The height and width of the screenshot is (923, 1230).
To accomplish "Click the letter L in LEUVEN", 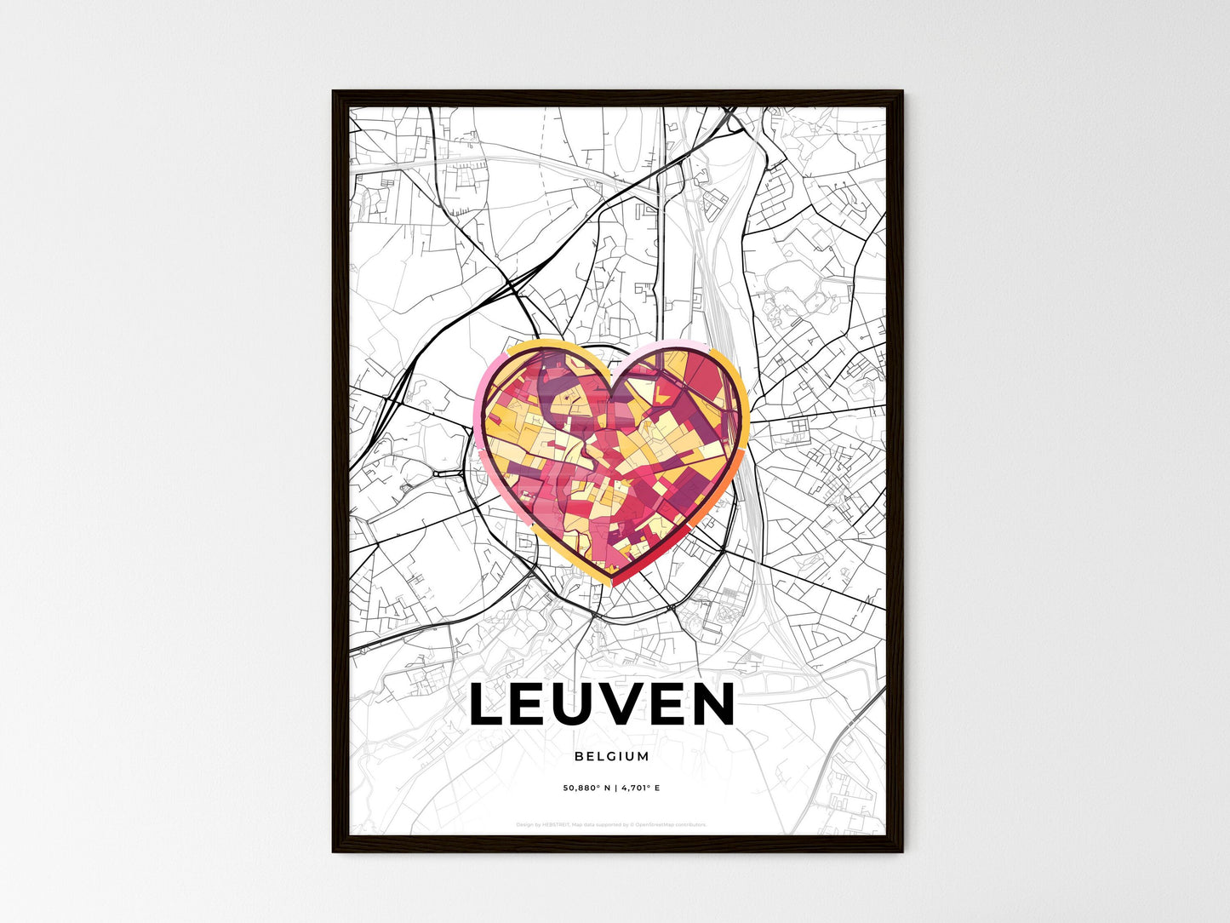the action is pos(488,705).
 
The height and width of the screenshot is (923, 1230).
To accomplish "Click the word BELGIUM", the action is pos(611,756).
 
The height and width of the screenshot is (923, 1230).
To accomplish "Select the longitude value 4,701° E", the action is pos(638,788).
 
